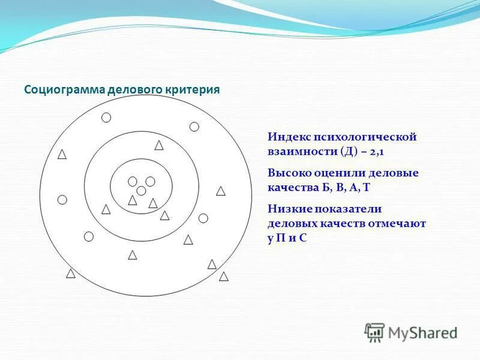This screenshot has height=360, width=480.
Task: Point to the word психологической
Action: click(364, 137)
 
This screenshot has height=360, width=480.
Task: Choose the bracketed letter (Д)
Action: click(349, 151)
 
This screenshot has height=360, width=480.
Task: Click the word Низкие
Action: click(287, 209)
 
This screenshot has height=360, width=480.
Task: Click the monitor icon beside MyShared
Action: click(374, 332)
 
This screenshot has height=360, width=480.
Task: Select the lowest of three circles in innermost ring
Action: click(141, 191)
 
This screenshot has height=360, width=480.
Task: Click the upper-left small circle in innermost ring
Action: click(133, 181)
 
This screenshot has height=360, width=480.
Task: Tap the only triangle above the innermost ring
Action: click(159, 145)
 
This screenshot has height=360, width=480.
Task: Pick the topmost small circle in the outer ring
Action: click(106, 118)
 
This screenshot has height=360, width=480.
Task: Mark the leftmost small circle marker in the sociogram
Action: click(62, 200)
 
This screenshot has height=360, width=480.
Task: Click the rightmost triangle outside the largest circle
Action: click(224, 277)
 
